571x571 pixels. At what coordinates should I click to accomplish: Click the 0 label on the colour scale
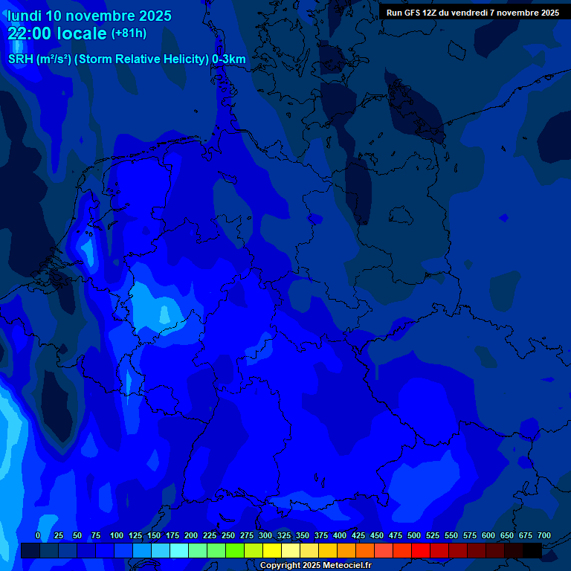click(38, 535)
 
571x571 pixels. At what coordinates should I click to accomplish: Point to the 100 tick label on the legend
click(117, 535)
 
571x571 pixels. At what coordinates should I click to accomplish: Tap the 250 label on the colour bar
click(228, 535)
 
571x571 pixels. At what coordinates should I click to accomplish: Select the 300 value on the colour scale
click(265, 535)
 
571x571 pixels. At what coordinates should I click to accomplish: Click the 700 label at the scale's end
click(544, 535)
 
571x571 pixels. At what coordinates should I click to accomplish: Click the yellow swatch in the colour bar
click(272, 551)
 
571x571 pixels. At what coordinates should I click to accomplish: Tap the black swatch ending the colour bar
click(532, 551)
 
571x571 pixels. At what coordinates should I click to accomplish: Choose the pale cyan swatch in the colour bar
click(179, 551)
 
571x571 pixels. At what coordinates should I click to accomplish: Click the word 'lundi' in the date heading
click(25, 16)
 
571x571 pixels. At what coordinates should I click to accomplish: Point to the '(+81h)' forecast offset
click(129, 33)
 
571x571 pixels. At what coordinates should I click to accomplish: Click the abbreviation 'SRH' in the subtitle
click(20, 59)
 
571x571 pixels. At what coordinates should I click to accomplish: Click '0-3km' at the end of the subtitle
click(229, 59)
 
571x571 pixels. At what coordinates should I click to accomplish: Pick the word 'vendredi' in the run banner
click(475, 13)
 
